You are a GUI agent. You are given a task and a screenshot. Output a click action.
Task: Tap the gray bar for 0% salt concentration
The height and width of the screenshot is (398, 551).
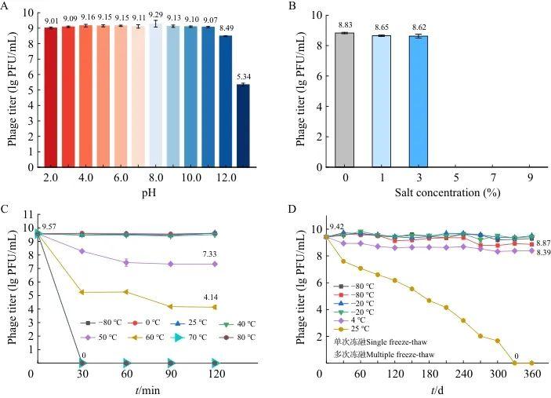click(x=345, y=100)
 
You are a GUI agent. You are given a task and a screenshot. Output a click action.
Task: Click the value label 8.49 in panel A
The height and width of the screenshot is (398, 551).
click(x=226, y=29)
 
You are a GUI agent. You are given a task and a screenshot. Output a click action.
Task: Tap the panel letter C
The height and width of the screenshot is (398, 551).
click(x=7, y=210)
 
